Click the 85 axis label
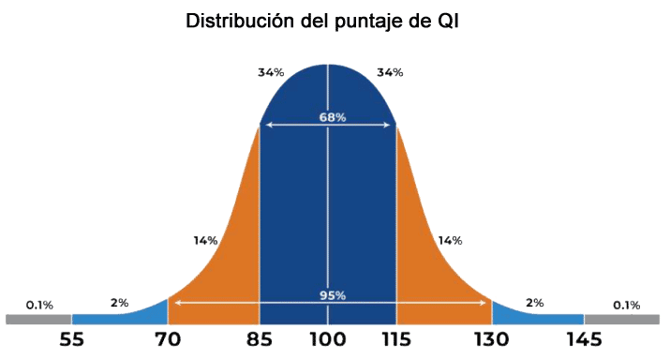(x=260, y=339)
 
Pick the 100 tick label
(x=327, y=339)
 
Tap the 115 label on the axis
(x=397, y=339)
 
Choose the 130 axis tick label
(x=492, y=339)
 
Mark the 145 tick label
(x=583, y=339)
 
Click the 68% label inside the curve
(x=332, y=117)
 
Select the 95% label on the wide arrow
(x=332, y=295)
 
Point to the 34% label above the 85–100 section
(x=272, y=72)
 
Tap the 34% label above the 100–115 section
(x=389, y=72)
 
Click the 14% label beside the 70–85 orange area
(x=205, y=241)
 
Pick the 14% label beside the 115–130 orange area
(x=450, y=241)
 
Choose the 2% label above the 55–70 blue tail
(x=119, y=303)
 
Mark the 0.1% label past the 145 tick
(x=626, y=305)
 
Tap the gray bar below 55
(x=37, y=319)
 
